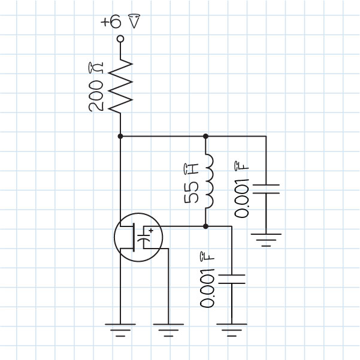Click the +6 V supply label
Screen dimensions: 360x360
122,22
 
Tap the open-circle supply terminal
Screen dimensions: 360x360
120,39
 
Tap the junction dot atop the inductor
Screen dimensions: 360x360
205,136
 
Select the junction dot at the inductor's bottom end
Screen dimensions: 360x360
205,226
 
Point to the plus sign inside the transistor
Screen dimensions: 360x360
151,231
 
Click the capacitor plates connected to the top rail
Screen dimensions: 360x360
265,189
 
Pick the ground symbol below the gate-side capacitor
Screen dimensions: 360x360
231,329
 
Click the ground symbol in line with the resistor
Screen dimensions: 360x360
120,329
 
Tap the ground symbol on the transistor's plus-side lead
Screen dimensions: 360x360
168,329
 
